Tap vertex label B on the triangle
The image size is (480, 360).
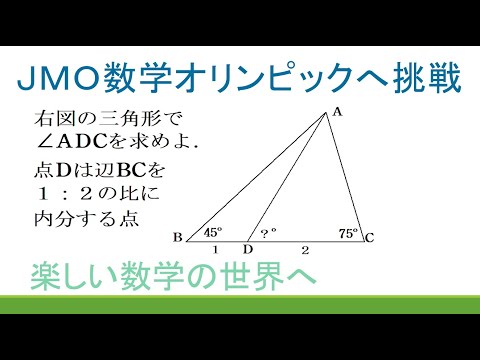(x=176, y=237)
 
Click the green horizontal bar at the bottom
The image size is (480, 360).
(x=240, y=305)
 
